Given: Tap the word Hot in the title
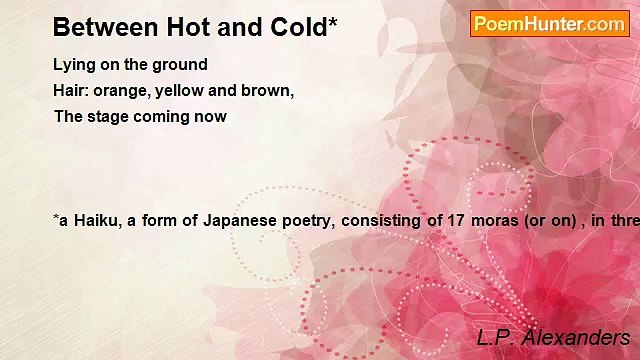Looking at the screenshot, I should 181,27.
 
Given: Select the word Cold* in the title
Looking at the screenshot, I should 299,27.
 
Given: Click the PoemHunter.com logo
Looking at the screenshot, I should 549,24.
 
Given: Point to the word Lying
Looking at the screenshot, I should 74,65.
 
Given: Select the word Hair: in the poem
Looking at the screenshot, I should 73,90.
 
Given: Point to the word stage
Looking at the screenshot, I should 110,116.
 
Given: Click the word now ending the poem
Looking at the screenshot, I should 213,116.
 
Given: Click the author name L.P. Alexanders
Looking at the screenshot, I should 553,337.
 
